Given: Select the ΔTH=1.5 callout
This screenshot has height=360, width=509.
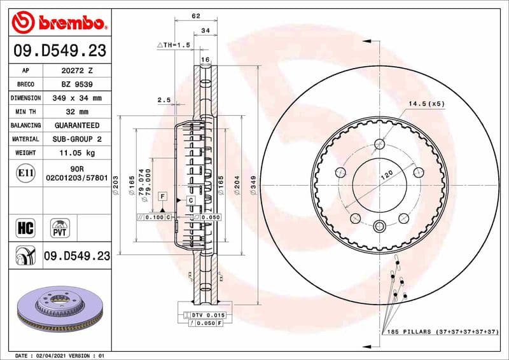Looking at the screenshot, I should [x=174, y=46].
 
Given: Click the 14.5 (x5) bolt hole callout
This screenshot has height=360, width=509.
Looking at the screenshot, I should [x=426, y=103].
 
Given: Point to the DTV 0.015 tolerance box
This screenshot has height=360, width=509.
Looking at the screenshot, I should [x=207, y=315].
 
